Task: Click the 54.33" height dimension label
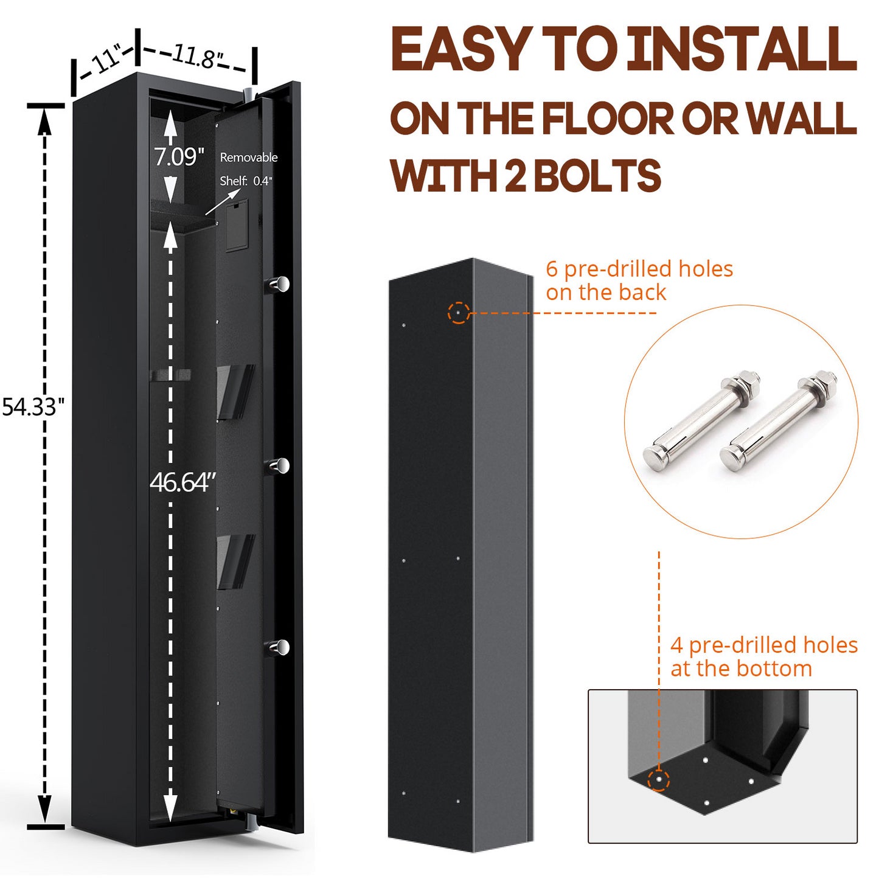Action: pos(33,406)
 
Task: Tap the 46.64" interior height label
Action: pos(182,482)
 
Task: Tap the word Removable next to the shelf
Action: pos(248,158)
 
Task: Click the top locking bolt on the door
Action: pos(279,283)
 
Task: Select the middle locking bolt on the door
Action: pos(279,466)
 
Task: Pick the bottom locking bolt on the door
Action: pos(279,647)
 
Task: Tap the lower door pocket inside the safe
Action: pos(234,561)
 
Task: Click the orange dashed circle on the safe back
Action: pos(458,313)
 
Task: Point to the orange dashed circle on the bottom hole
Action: pos(658,779)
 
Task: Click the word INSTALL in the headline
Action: pos(742,50)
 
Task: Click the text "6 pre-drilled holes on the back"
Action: pos(639,280)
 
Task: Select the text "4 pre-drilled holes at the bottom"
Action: pos(763,656)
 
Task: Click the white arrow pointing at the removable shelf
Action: pos(223,201)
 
